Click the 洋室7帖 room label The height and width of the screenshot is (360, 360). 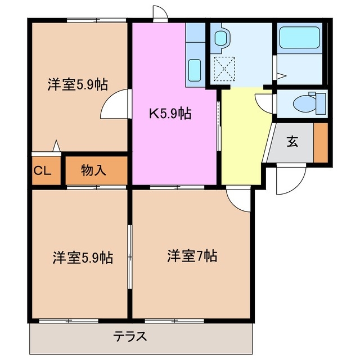[x=192, y=256]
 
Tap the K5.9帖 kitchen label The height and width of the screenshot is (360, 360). [x=169, y=114]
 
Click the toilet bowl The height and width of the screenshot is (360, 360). [x=307, y=103]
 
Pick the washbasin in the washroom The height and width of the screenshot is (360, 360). [x=221, y=38]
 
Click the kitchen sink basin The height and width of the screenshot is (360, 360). [x=194, y=70]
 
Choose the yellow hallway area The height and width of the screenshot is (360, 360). [x=242, y=135]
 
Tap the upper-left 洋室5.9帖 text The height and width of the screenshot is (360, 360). [x=77, y=84]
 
